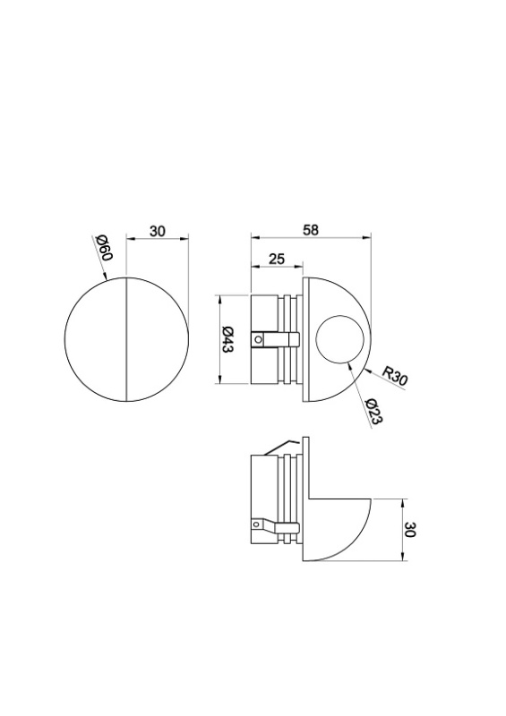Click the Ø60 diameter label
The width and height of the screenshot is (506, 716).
[x=104, y=249]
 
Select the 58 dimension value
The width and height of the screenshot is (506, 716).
[x=311, y=230]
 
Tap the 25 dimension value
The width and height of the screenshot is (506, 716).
[x=276, y=259]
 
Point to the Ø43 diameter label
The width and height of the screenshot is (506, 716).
[x=227, y=339]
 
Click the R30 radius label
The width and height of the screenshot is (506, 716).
[x=394, y=377]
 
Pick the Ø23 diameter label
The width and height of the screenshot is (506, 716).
[x=373, y=412]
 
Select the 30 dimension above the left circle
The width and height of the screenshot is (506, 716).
[x=157, y=231]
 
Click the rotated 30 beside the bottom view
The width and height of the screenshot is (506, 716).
[x=409, y=530]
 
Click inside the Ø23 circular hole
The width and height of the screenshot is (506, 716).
[x=340, y=339]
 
